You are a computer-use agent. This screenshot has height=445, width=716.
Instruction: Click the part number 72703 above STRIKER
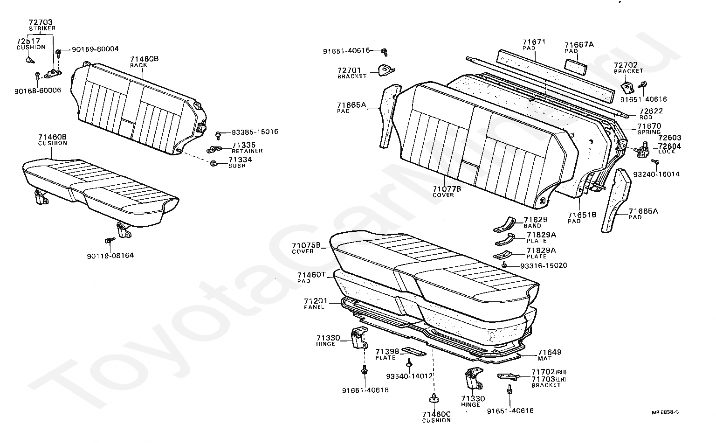[x=41, y=22]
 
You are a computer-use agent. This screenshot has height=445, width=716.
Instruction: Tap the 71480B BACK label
[x=144, y=62]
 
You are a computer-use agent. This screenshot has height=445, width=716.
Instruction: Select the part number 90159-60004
[x=95, y=49]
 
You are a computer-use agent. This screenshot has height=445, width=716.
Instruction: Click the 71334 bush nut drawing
[x=213, y=164]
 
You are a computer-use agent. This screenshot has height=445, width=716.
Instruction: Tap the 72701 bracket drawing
[x=386, y=70]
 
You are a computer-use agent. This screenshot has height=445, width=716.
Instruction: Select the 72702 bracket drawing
[x=627, y=87]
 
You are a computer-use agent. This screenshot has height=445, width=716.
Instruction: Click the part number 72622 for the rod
[x=651, y=111]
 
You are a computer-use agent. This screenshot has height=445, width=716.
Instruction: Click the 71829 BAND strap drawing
[x=505, y=225]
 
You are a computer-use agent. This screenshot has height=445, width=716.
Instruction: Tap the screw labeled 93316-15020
[x=504, y=265]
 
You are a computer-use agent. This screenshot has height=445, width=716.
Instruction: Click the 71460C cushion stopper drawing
[x=434, y=399]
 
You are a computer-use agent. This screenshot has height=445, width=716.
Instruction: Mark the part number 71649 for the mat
[x=550, y=352]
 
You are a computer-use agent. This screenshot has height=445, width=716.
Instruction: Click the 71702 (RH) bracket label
[x=549, y=372]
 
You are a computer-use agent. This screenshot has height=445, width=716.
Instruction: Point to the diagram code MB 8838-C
[x=665, y=412]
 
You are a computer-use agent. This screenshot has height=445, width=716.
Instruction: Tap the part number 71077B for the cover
[x=447, y=189]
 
